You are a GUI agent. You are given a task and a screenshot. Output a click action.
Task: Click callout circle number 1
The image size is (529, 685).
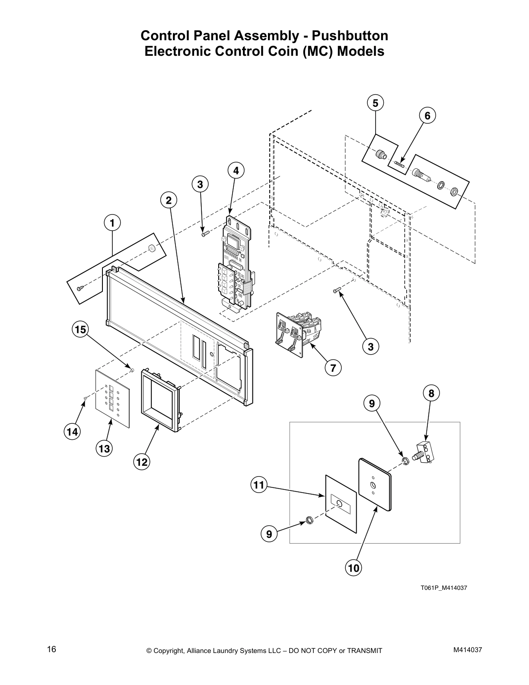tap(112, 223)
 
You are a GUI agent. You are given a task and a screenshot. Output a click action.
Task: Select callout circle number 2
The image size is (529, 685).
tap(169, 200)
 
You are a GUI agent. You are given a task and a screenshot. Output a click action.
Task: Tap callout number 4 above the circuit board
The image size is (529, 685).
tap(236, 171)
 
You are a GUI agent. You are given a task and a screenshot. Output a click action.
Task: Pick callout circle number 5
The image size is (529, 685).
tap(375, 103)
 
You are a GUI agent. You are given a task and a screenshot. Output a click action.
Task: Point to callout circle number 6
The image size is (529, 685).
tap(427, 115)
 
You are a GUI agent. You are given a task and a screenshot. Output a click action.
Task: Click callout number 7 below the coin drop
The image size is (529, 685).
tap(333, 368)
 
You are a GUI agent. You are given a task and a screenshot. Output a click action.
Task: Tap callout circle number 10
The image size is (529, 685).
tap(354, 568)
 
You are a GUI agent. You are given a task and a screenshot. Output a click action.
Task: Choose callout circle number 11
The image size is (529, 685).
tap(258, 485)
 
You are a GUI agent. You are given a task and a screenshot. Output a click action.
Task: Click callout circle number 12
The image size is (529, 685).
tap(142, 462)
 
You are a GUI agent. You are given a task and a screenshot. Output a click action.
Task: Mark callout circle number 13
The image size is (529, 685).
tap(104, 449)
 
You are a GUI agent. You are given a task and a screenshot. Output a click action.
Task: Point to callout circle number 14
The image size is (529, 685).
tap(72, 432)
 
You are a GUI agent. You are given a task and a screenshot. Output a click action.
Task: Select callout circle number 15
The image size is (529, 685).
tap(80, 330)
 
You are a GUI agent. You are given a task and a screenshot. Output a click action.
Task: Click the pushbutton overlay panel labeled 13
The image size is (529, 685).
tap(112, 399)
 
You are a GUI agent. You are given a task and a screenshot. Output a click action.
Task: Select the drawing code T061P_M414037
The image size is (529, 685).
tap(443, 588)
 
